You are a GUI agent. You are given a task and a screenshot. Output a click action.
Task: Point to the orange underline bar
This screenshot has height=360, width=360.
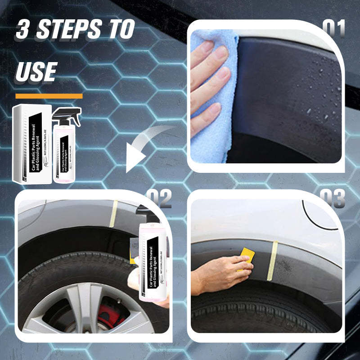[x=49, y=96]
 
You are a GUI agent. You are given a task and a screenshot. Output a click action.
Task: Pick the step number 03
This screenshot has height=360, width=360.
[x=333, y=198]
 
